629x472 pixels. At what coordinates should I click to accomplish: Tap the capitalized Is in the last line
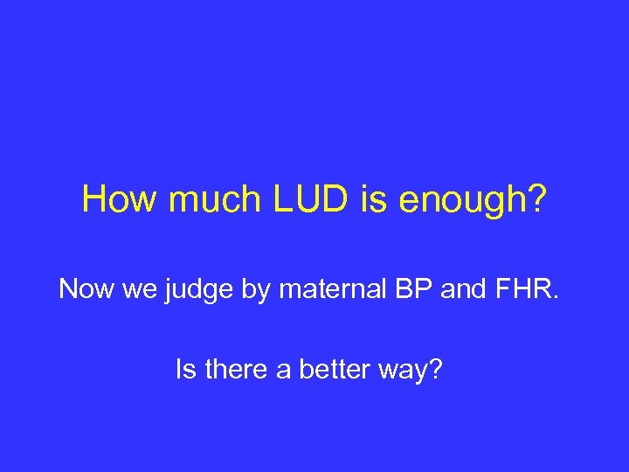[184, 371]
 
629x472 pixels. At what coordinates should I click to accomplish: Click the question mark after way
[434, 371]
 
